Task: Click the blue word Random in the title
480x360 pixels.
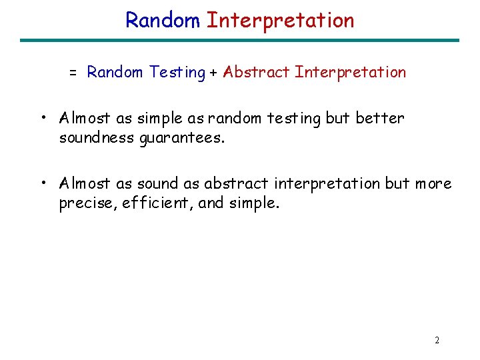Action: (163, 20)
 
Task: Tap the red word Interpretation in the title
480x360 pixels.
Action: (281, 21)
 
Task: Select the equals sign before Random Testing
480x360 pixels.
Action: (73, 73)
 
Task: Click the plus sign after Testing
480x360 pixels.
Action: (213, 73)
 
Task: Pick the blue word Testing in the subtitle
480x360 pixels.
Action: (177, 73)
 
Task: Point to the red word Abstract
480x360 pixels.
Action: (256, 72)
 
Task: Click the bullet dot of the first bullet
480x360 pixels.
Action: (44, 117)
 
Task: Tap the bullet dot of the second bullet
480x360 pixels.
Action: (44, 183)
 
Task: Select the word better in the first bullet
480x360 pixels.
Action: (380, 118)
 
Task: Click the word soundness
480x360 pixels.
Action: (97, 137)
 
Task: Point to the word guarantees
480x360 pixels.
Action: (182, 139)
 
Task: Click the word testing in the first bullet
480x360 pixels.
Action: (293, 119)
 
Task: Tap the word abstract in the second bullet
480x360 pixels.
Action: (236, 183)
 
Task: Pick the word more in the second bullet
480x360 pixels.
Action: (433, 184)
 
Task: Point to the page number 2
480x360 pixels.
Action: (437, 340)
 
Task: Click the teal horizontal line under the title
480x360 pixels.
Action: (239, 41)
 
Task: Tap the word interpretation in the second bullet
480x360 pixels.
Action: (327, 184)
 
